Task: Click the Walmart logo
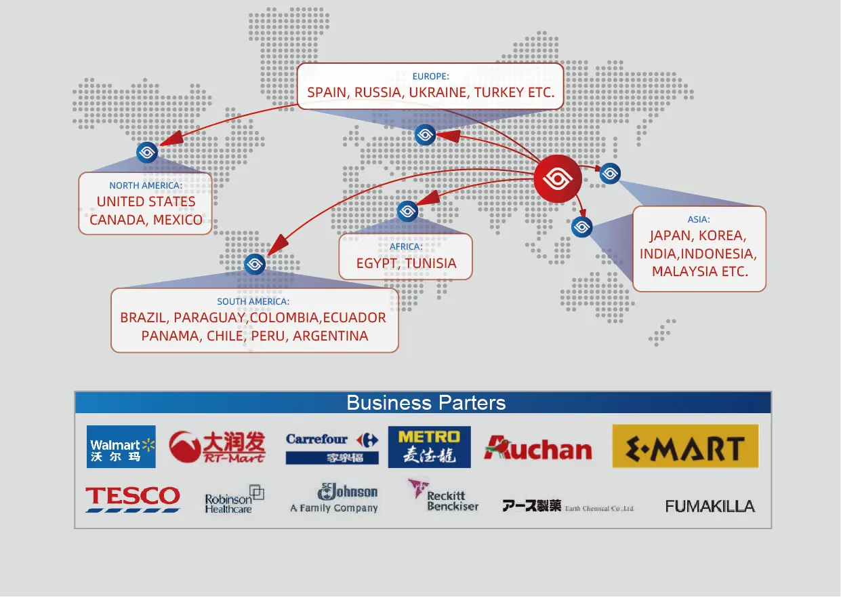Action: [x=121, y=446]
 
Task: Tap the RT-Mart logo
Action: [x=217, y=447]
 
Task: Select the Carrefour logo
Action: [x=331, y=447]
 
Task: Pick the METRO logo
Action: [x=429, y=447]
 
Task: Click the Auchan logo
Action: [x=538, y=448]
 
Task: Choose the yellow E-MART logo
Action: [x=685, y=446]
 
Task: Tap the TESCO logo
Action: [x=133, y=498]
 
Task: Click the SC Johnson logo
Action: [x=335, y=499]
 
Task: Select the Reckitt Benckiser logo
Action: [x=443, y=497]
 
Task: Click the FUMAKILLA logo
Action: [x=710, y=506]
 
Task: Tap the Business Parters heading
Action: [x=426, y=402]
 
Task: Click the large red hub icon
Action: [x=558, y=179]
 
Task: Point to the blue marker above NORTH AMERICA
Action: [x=147, y=153]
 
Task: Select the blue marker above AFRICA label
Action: [x=407, y=212]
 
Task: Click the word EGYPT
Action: [x=376, y=263]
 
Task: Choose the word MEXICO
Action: [x=178, y=220]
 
